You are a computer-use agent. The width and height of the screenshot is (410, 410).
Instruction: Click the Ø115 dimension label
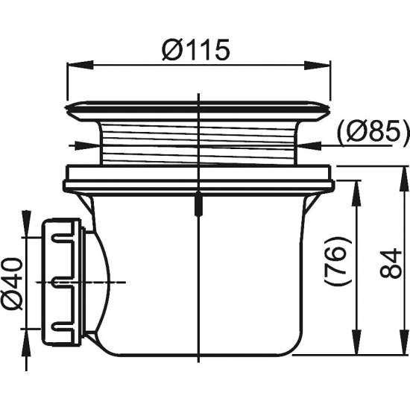[x=196, y=49]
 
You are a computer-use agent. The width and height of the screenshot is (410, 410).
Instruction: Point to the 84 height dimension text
[x=391, y=264]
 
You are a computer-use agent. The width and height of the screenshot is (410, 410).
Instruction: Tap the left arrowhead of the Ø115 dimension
[x=80, y=65]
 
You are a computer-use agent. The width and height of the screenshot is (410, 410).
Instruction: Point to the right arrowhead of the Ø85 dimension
[x=309, y=145]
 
